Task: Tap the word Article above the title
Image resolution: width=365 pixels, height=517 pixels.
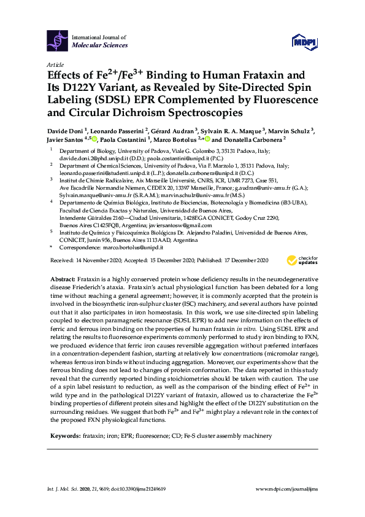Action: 56,64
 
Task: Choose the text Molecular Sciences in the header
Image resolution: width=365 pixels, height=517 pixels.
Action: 99,45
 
